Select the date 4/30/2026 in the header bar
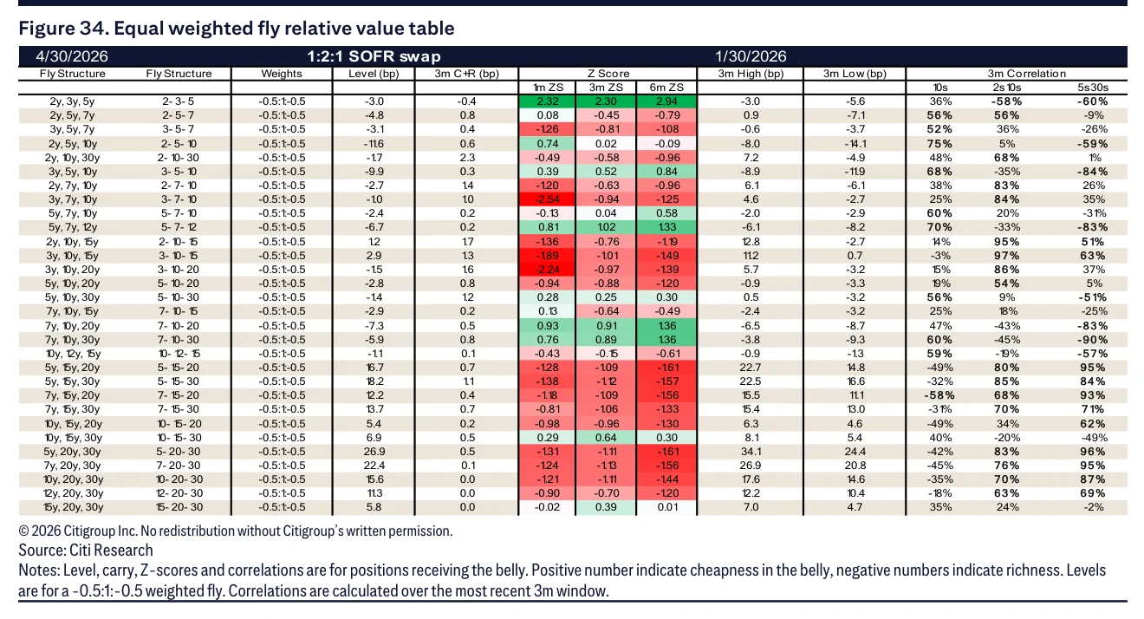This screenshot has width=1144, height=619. coord(72,56)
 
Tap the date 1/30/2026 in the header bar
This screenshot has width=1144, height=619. coord(751,56)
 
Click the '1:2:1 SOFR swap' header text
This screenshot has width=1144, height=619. coord(374,56)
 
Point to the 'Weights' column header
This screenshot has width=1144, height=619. coord(282,74)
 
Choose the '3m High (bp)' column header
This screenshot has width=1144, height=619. coord(751,74)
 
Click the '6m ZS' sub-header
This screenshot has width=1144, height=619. coord(666,88)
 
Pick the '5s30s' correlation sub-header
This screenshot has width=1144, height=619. coord(1093,88)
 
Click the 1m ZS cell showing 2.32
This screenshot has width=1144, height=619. coord(547,101)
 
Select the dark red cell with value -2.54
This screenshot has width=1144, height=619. coord(547,199)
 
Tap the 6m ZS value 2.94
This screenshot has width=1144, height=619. coord(666,101)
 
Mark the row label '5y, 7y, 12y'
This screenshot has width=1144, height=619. coord(73,227)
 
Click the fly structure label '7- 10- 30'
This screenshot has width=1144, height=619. coord(179,340)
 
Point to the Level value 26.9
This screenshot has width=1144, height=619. coord(374,452)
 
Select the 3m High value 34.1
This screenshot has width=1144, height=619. coord(751,452)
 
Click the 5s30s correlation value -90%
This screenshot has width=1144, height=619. coord(1093,340)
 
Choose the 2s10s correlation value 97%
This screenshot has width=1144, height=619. coord(1006,256)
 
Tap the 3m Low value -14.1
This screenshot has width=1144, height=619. coord(855,144)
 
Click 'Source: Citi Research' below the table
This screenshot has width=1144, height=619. coord(86,550)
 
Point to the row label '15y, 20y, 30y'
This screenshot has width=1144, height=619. coord(73,507)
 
